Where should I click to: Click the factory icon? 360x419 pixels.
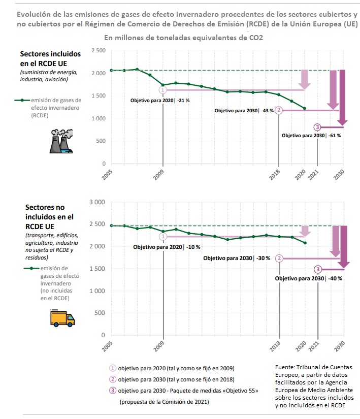tap(60, 141)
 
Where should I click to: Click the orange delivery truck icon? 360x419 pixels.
tap(62, 318)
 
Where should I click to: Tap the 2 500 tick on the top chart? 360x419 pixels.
tap(99, 51)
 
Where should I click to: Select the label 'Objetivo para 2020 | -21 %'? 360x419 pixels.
tap(160, 101)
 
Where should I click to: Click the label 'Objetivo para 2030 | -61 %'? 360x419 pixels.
tap(311, 136)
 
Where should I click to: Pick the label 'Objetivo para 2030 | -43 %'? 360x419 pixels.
tap(244, 110)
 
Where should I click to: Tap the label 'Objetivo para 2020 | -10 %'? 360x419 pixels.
tap(167, 247)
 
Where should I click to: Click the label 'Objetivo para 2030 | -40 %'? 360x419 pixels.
tap(308, 278)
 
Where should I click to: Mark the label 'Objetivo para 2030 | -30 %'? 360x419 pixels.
tap(237, 258)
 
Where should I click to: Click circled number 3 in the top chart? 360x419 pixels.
tap(317, 127)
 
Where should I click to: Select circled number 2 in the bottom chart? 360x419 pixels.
tap(279, 258)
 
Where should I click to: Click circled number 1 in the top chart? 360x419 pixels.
tap(163, 90)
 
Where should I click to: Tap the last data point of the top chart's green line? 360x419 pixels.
tap(305, 108)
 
